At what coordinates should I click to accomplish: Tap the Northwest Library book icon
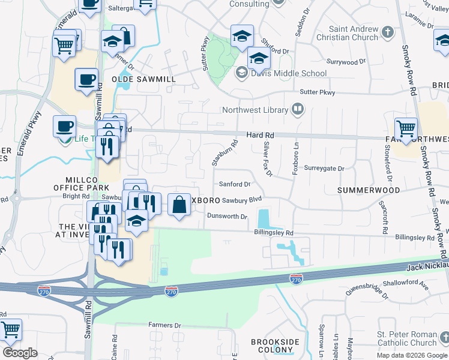coord(297,109)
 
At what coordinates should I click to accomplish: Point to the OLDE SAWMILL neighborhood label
coord(143,79)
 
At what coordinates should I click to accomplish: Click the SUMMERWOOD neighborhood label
coord(368,190)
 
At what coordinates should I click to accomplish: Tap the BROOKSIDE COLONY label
coord(275,346)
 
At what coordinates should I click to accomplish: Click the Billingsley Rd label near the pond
coord(273,233)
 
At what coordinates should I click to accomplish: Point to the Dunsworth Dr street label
coord(226,216)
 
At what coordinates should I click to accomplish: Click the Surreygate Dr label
coord(324,169)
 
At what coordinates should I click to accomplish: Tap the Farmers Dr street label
coord(164,325)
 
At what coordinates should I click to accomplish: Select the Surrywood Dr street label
coord(346,62)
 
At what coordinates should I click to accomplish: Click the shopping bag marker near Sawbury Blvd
coord(179,204)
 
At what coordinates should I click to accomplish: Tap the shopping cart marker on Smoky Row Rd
coord(406,128)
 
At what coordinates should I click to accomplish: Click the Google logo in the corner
coord(20,353)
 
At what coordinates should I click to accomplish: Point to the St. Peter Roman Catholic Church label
coord(406,338)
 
